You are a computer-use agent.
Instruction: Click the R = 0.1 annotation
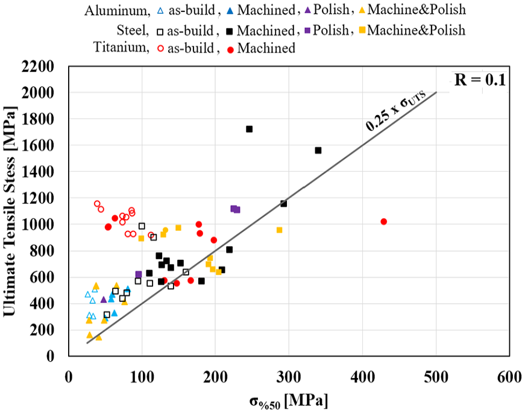pyautogui.click(x=479, y=80)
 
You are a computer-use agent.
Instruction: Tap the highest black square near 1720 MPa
pyautogui.click(x=249, y=129)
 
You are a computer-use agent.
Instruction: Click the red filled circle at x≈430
pyautogui.click(x=384, y=221)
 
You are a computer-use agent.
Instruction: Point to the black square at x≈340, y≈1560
pyautogui.click(x=318, y=150)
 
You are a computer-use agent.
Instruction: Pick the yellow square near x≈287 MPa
pyautogui.click(x=279, y=230)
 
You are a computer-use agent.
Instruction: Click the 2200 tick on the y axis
pyautogui.click(x=37, y=66)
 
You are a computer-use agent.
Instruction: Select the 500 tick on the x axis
pyautogui.click(x=436, y=377)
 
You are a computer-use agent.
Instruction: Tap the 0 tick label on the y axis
pyautogui.click(x=50, y=356)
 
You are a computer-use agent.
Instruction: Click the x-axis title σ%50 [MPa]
pyautogui.click(x=289, y=400)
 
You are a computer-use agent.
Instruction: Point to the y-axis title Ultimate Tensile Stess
pyautogui.click(x=10, y=212)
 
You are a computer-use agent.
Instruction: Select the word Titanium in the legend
pyautogui.click(x=121, y=47)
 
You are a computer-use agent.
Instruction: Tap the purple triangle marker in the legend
pyautogui.click(x=307, y=10)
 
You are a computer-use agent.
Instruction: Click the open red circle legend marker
pyautogui.click(x=161, y=49)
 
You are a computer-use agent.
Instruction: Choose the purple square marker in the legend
pyautogui.click(x=307, y=31)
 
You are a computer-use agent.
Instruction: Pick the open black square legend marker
pyautogui.click(x=160, y=32)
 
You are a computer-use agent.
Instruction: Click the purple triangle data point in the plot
pyautogui.click(x=104, y=299)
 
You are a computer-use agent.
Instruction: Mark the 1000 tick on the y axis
pyautogui.click(x=37, y=225)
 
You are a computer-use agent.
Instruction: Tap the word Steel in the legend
pyautogui.click(x=133, y=31)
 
